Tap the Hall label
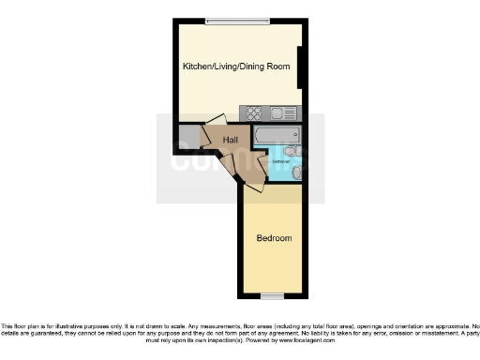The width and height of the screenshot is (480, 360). (x=230, y=140)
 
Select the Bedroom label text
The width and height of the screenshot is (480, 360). (x=274, y=238)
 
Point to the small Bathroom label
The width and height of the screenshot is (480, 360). (x=279, y=161)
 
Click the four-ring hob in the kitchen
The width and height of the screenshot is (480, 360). (x=254, y=114)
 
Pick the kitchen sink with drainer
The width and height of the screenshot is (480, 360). (x=283, y=114)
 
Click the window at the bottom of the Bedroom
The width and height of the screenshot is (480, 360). (x=273, y=296)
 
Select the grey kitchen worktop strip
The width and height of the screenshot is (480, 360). (x=271, y=114)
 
